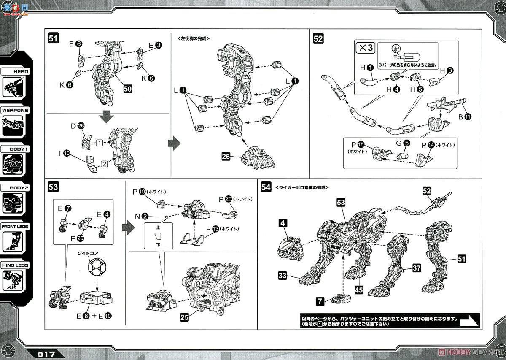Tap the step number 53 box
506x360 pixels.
pyautogui.click(x=53, y=187)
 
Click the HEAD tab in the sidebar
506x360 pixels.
pyautogui.click(x=15, y=71)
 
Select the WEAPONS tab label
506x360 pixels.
pyautogui.click(x=15, y=111)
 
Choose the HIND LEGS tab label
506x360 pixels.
pyautogui.click(x=15, y=265)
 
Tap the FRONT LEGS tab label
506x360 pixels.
pyautogui.click(x=15, y=227)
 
